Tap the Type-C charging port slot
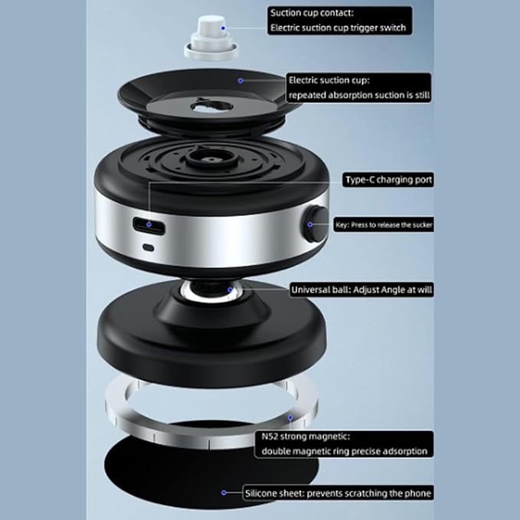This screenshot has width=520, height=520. [149, 226]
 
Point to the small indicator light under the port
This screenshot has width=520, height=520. [149, 248]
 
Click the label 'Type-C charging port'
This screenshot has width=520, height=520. [388, 180]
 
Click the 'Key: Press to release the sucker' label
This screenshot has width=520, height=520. [382, 225]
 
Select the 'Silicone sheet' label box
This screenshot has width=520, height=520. [338, 492]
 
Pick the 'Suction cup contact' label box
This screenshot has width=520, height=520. [339, 20]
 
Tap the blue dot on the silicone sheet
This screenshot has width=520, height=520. [223, 492]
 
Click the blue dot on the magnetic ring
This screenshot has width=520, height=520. [289, 418]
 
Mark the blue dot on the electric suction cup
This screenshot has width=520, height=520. [240, 79]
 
